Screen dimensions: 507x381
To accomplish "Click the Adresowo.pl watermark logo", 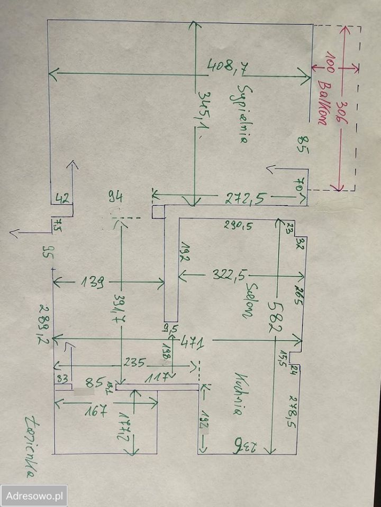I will pos(34,496).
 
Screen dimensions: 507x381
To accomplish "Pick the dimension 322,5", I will pos(231,275).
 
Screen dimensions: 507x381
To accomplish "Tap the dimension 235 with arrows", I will pos(134,363).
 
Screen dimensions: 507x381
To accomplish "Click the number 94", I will pos(115,198).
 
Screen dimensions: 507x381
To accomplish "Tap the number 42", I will pos(62,199).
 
